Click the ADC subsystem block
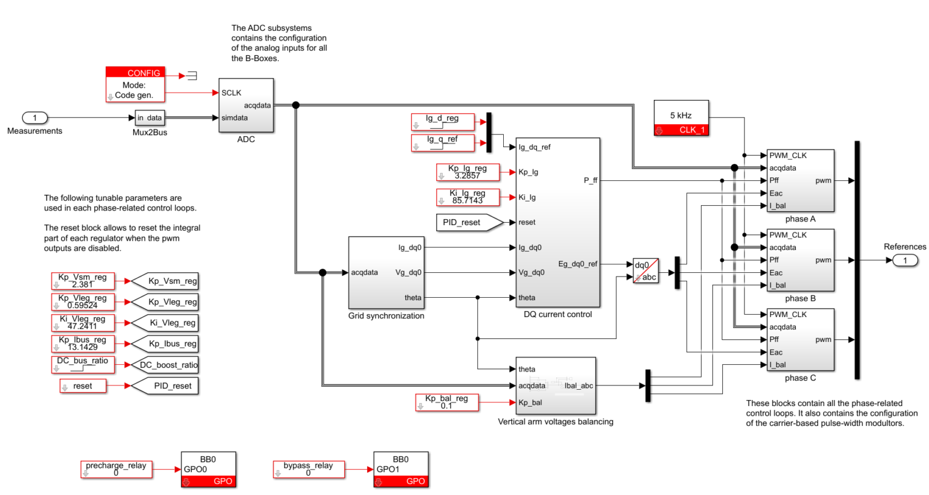pos(246,105)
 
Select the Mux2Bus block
pos(149,118)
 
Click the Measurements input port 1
pos(34,118)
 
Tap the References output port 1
pos(905,260)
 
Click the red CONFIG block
pos(135,84)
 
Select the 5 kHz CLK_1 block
pos(681,118)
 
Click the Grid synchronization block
pos(386,272)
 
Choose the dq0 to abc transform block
pos(645,271)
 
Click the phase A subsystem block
pos(800,180)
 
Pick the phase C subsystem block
pos(800,339)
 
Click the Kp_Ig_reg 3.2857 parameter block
pos(468,172)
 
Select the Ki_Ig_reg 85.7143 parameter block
pos(468,197)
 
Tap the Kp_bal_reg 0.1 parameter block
pos(447,402)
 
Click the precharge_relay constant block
pos(116,469)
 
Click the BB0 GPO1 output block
pos(401,469)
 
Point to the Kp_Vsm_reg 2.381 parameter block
pos(83,281)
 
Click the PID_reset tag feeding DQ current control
pos(469,223)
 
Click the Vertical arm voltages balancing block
pos(555,385)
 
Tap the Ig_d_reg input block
pos(442,122)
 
